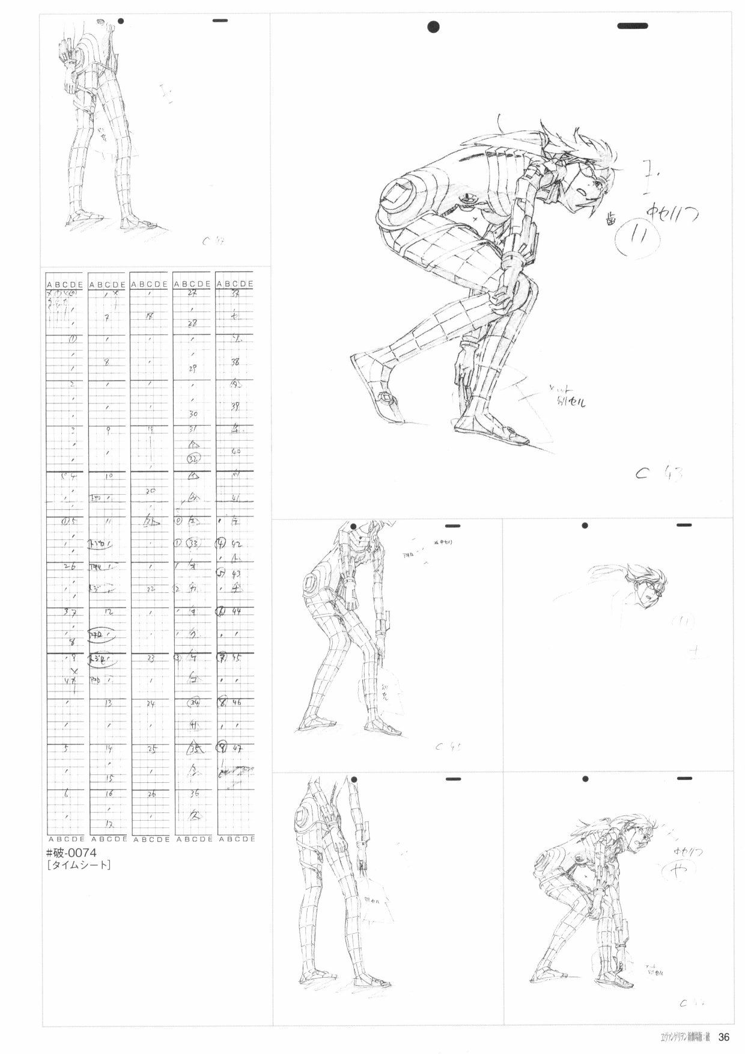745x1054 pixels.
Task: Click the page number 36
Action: pos(723,1037)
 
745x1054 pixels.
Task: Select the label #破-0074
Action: pos(71,853)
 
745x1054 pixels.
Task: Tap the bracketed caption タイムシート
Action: pos(78,866)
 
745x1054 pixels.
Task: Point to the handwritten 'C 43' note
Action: pos(658,473)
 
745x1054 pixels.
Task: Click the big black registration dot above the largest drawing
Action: pos(433,26)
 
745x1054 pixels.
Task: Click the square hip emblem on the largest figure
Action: pos(398,195)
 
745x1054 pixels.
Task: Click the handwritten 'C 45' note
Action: pos(448,748)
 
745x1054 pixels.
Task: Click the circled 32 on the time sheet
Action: pos(193,459)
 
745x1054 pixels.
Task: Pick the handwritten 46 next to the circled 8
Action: pos(236,702)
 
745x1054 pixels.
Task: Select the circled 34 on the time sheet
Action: pos(194,702)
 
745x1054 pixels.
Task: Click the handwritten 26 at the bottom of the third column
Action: pos(151,794)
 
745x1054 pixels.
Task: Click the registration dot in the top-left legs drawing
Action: pos(121,21)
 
